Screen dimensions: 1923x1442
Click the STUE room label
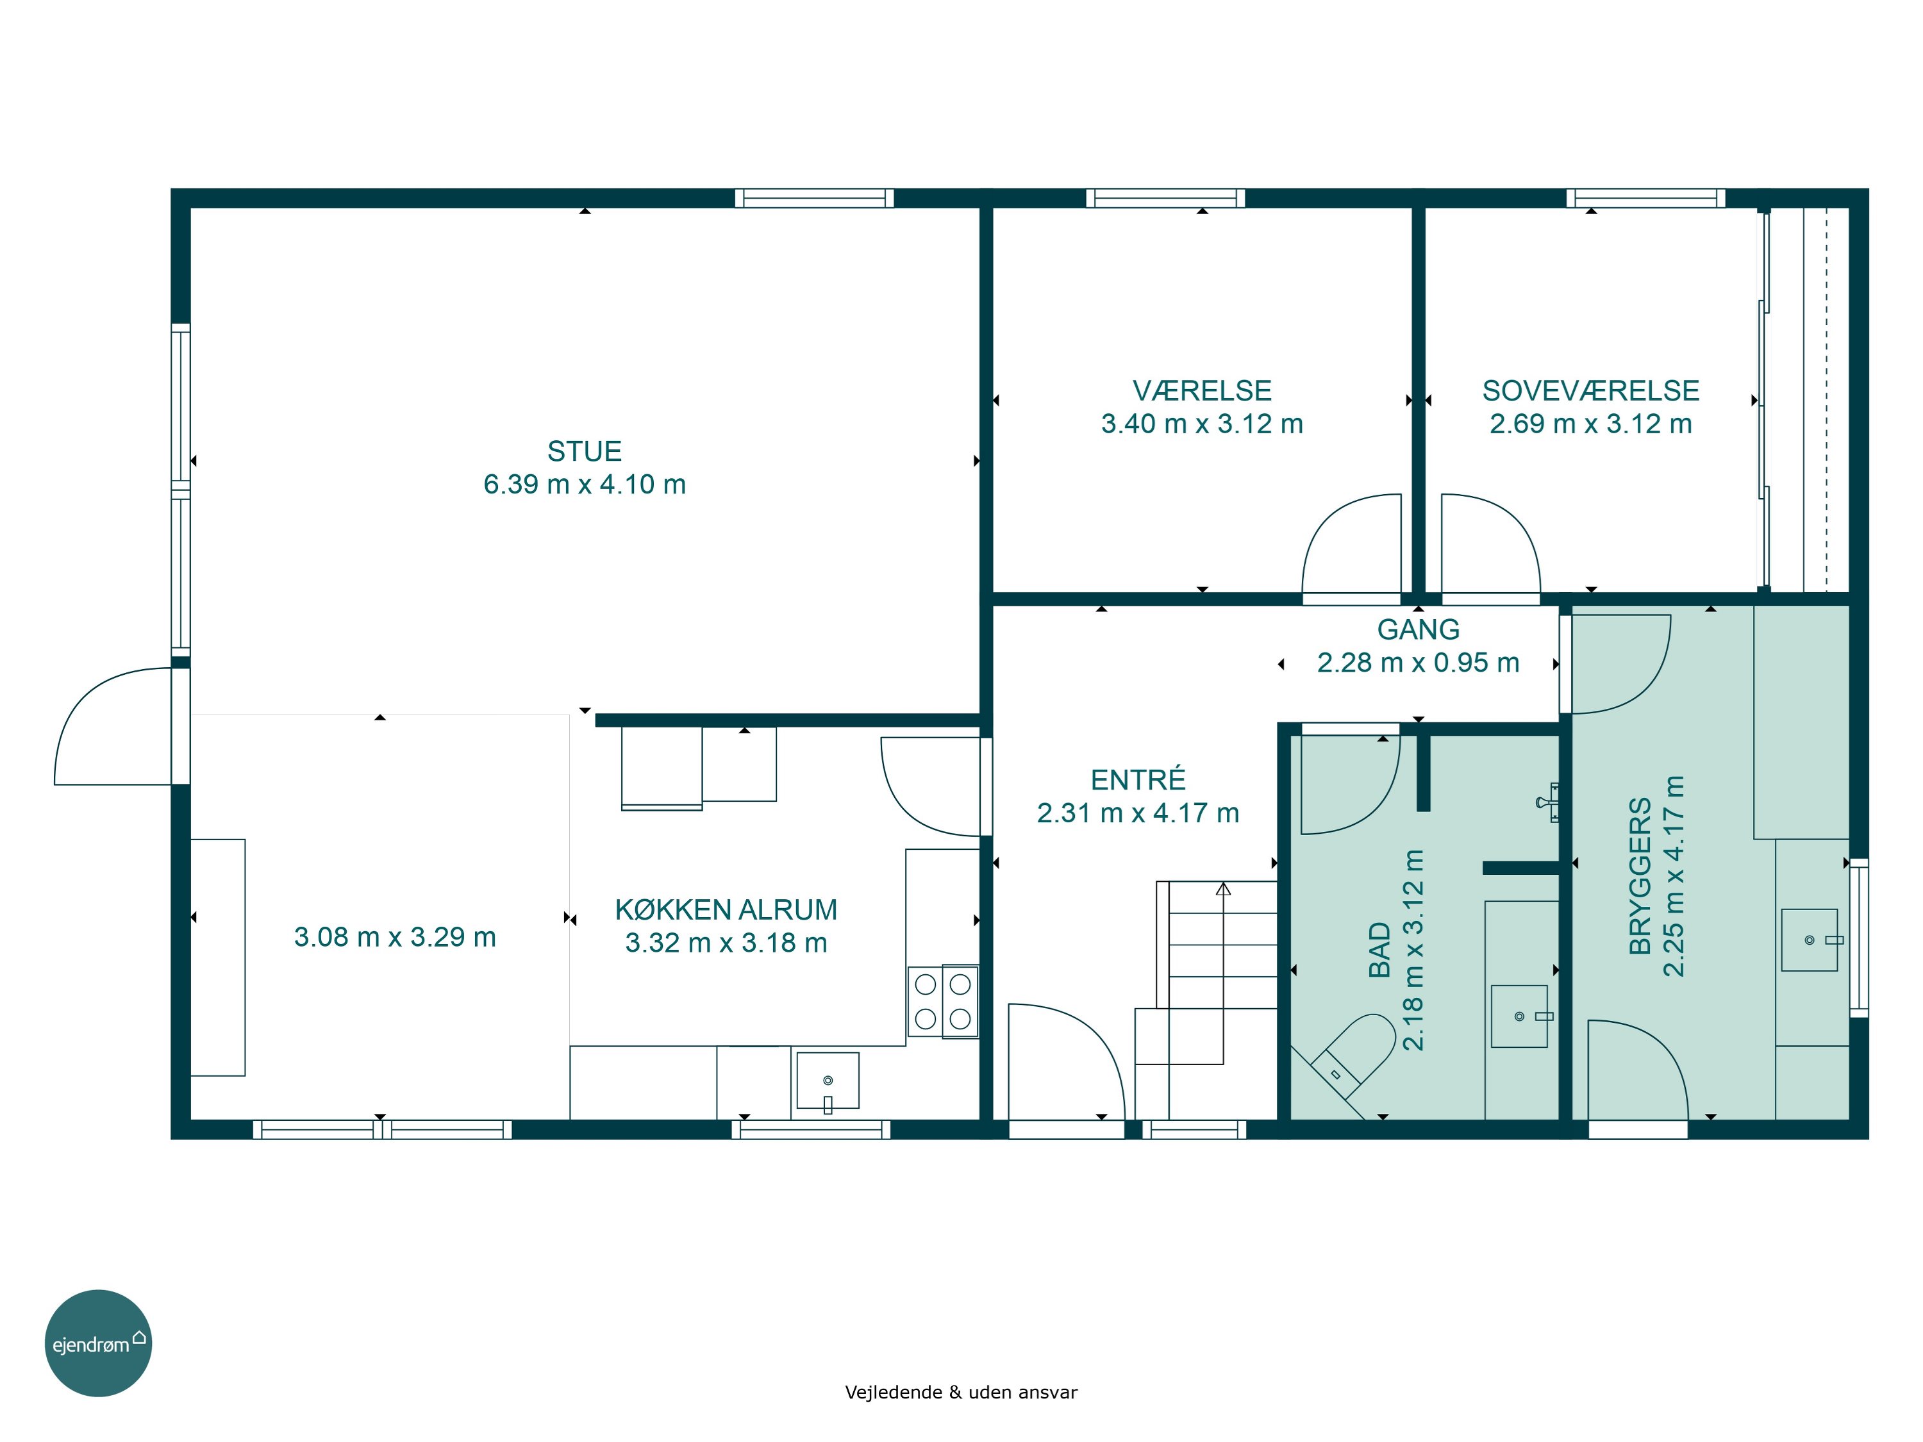584,451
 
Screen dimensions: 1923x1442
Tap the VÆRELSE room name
1203,390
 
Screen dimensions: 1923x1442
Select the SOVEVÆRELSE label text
1591,390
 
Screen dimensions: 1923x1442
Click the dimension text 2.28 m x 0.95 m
1418,662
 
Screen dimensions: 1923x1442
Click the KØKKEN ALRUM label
726,909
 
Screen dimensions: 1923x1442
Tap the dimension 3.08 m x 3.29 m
395,937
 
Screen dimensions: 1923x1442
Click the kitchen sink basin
828,1081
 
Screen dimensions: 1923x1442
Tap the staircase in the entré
1206,1000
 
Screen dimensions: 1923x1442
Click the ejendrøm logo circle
98,1343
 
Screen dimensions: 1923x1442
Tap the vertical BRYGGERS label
1640,876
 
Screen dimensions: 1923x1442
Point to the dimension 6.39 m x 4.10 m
584,484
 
